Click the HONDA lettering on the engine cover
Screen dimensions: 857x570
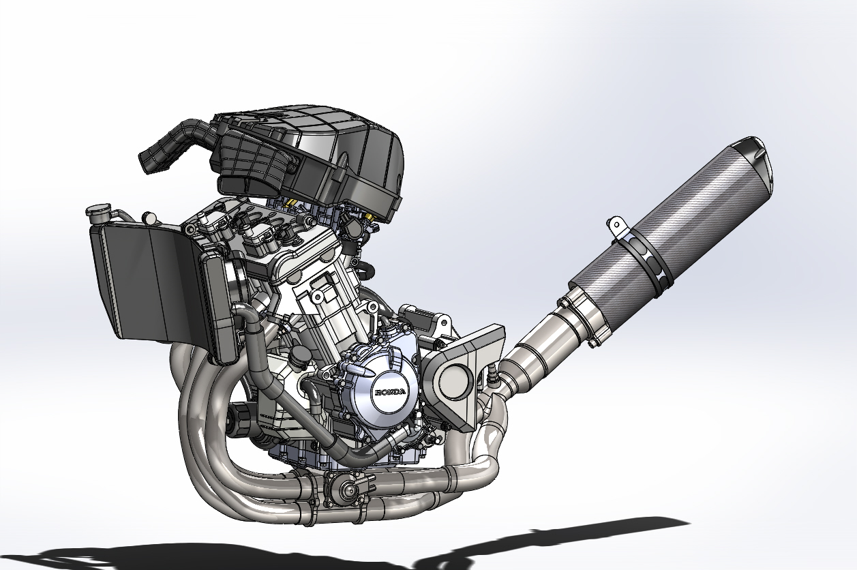click(x=390, y=392)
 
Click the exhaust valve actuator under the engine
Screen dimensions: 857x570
click(x=344, y=487)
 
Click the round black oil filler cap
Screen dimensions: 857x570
click(x=297, y=357)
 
